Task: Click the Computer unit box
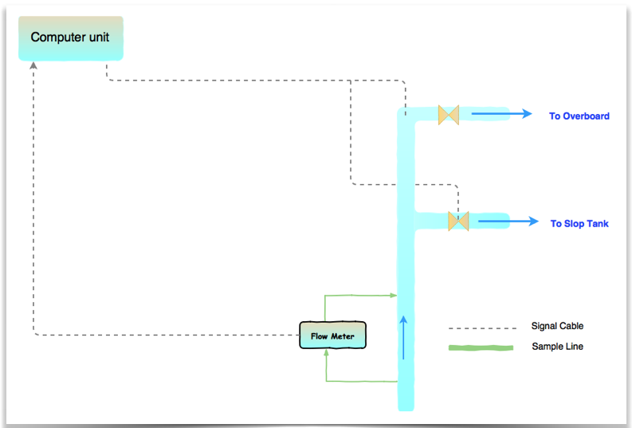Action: [x=70, y=37]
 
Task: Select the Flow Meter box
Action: [x=332, y=336]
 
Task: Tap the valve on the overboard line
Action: [x=448, y=115]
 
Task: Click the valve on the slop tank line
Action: [x=458, y=221]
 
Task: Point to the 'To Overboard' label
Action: [x=579, y=116]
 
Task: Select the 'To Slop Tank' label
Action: [x=579, y=224]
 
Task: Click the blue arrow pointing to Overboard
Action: [x=501, y=114]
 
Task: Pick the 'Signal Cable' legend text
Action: [x=557, y=326]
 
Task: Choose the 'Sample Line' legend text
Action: [x=557, y=347]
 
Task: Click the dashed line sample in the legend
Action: [x=482, y=328]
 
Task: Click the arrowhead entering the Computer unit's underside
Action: [x=33, y=65]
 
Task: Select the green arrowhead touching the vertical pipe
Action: [x=393, y=295]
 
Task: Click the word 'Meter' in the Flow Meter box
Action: [x=343, y=336]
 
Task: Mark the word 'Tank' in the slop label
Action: [x=598, y=224]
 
